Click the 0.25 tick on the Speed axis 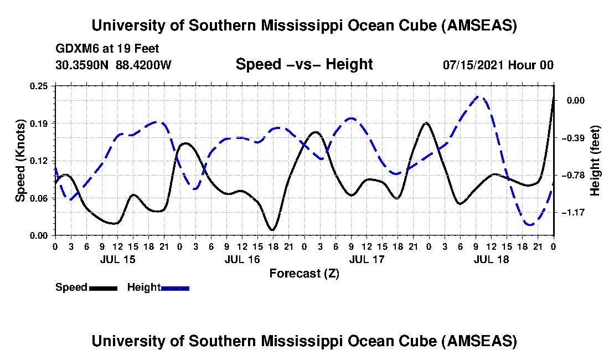pos(40,86)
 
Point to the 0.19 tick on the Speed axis pos(40,123)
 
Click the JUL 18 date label pos(491,259)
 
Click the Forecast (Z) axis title pos(304,273)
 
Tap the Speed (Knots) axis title pos(20,160)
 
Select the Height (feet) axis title pos(595,161)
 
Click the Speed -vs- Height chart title pos(304,64)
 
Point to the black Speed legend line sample pos(102,288)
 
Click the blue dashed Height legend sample pos(175,288)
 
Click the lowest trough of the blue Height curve pos(530,225)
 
